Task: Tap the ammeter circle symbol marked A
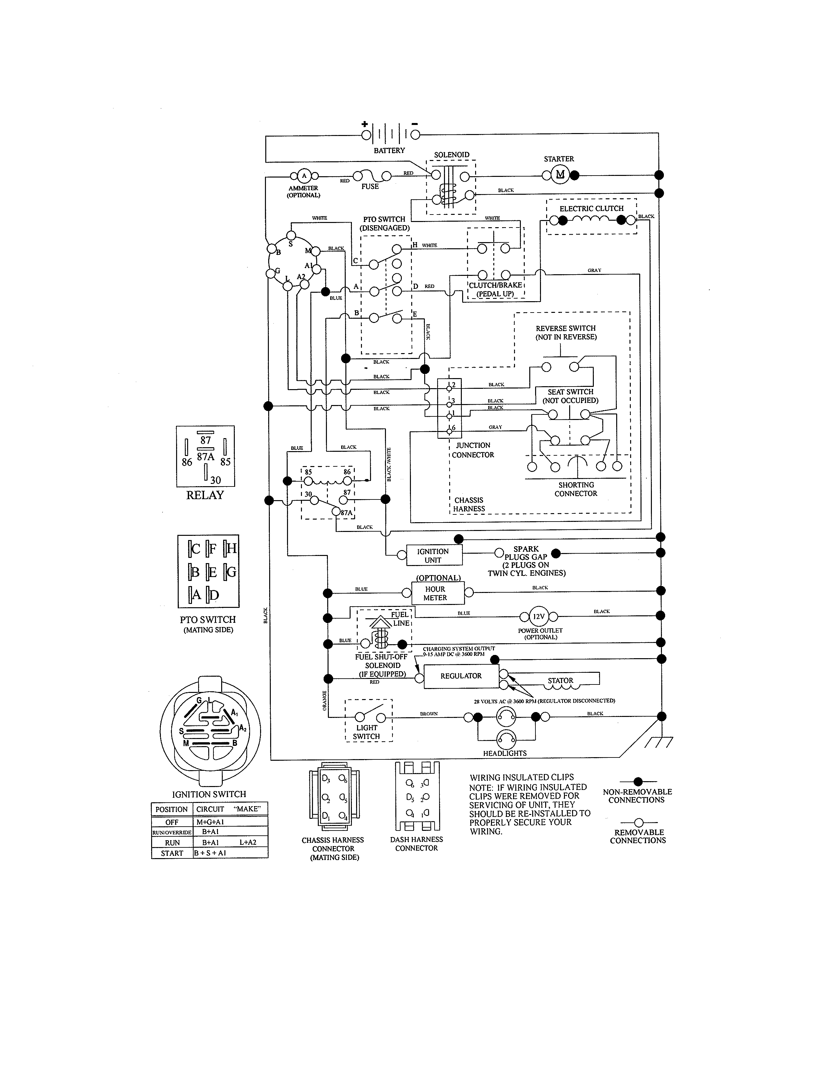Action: [304, 176]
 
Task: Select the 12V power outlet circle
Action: [538, 616]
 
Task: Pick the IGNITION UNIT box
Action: [433, 556]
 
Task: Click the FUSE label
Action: [370, 187]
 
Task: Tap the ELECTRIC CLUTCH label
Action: [591, 208]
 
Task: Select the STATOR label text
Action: [560, 681]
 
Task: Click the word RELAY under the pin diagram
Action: [205, 495]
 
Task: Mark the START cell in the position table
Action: [172, 853]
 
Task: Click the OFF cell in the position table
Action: [172, 822]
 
